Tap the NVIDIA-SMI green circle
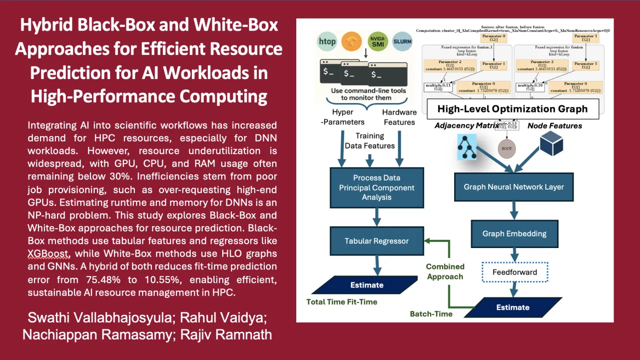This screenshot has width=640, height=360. pyautogui.click(x=378, y=40)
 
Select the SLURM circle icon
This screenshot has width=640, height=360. pyautogui.click(x=403, y=40)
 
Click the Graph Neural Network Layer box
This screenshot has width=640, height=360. pyautogui.click(x=514, y=187)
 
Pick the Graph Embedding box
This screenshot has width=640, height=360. pyautogui.click(x=514, y=233)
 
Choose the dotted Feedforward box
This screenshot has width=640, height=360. pyautogui.click(x=514, y=272)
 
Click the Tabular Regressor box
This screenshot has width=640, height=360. pyautogui.click(x=376, y=241)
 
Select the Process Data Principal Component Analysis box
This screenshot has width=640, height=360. pyautogui.click(x=376, y=187)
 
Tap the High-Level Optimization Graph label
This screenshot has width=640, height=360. pyautogui.click(x=513, y=109)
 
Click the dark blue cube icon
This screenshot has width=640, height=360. pyautogui.click(x=551, y=143)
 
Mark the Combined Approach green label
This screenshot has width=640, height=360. pyautogui.click(x=445, y=271)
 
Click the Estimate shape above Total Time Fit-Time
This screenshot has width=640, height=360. pyautogui.click(x=366, y=285)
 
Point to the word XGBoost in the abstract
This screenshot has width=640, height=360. pyautogui.click(x=48, y=253)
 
